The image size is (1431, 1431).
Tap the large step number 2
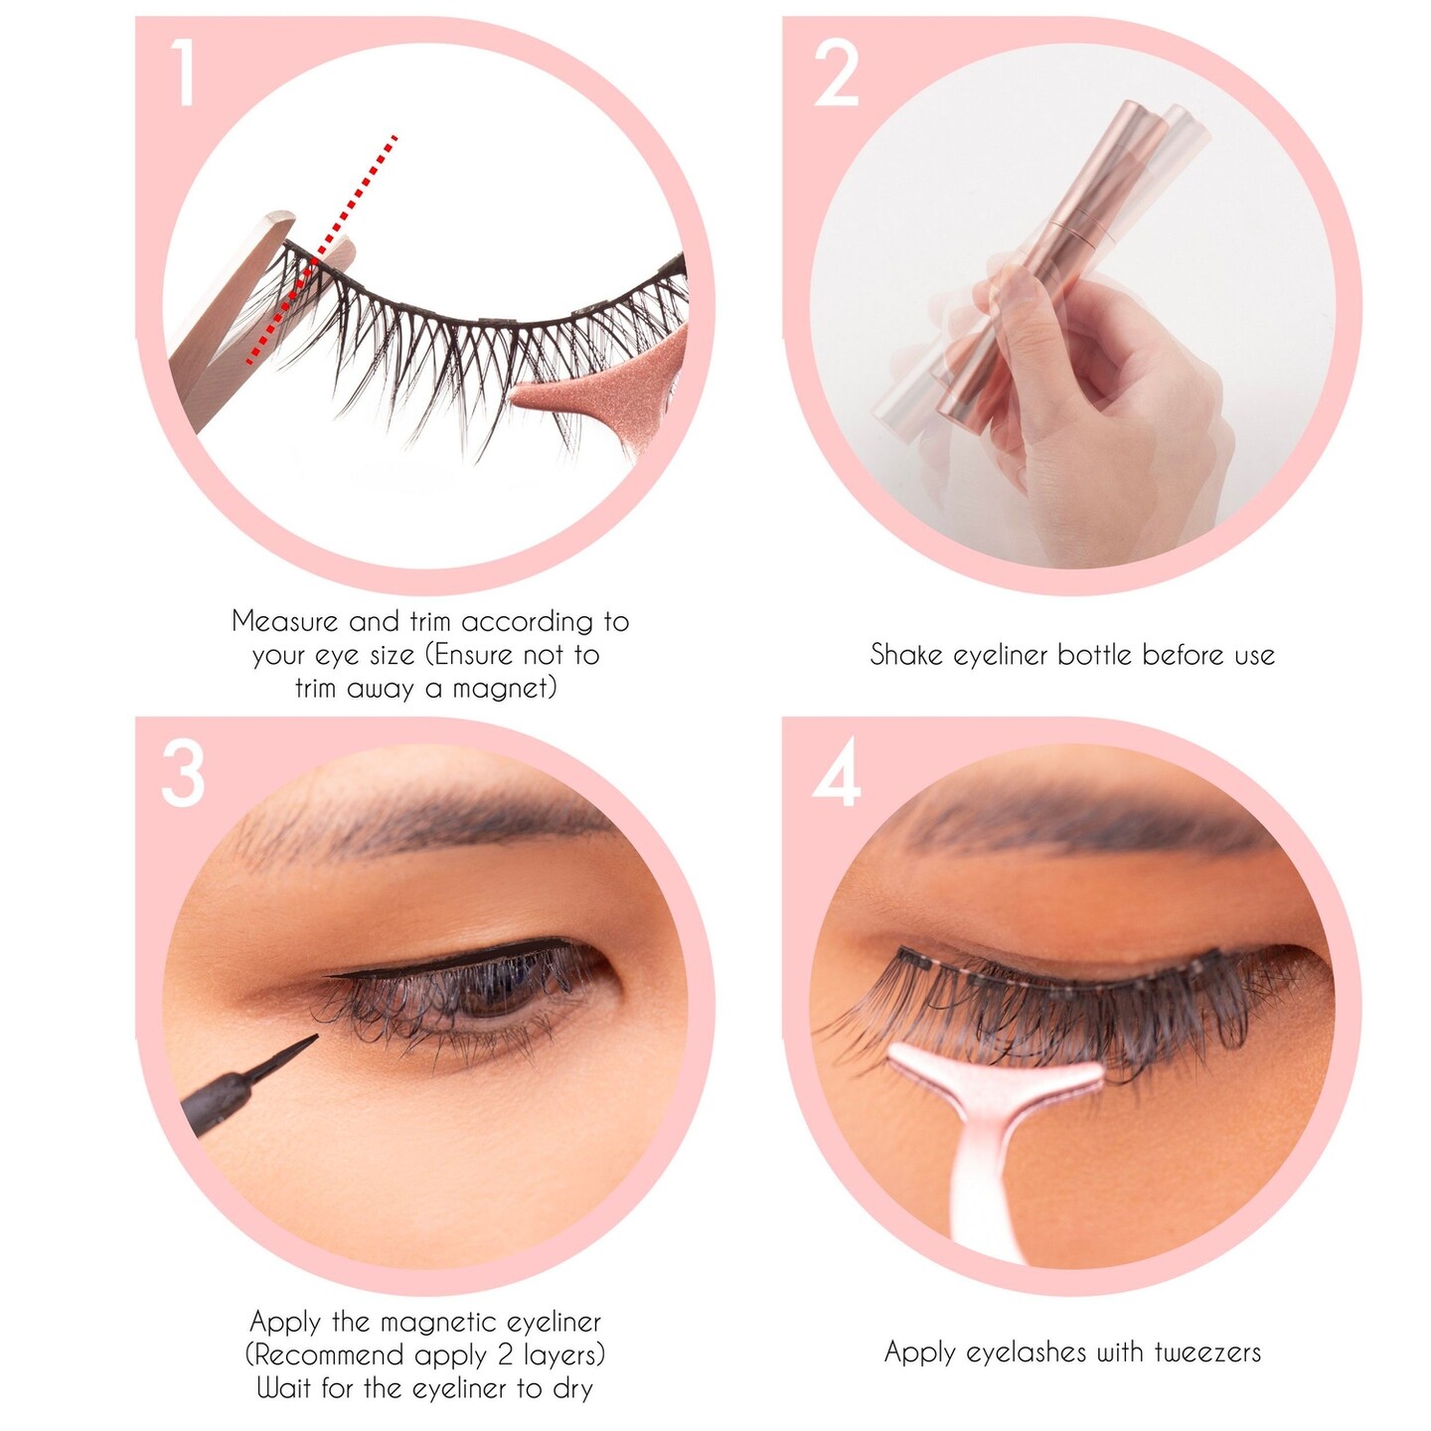tap(836, 73)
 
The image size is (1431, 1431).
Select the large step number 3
tap(183, 775)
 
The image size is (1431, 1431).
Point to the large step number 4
tap(836, 775)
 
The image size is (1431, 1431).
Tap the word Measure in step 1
tap(284, 622)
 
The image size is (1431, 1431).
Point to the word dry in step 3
tap(572, 1388)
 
